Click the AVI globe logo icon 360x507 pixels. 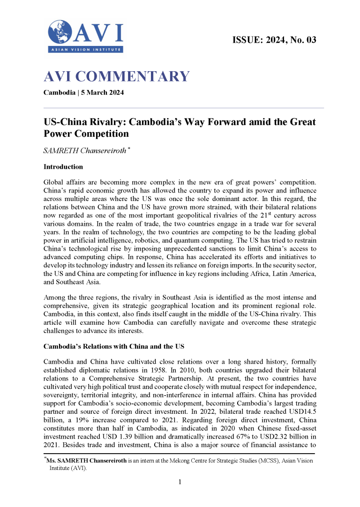60,32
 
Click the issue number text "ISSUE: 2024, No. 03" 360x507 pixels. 274,40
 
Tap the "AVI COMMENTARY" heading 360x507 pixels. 116,76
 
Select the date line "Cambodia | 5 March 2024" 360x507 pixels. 83,92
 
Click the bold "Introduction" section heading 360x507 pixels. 63,167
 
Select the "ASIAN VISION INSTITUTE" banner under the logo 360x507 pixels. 86,50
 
